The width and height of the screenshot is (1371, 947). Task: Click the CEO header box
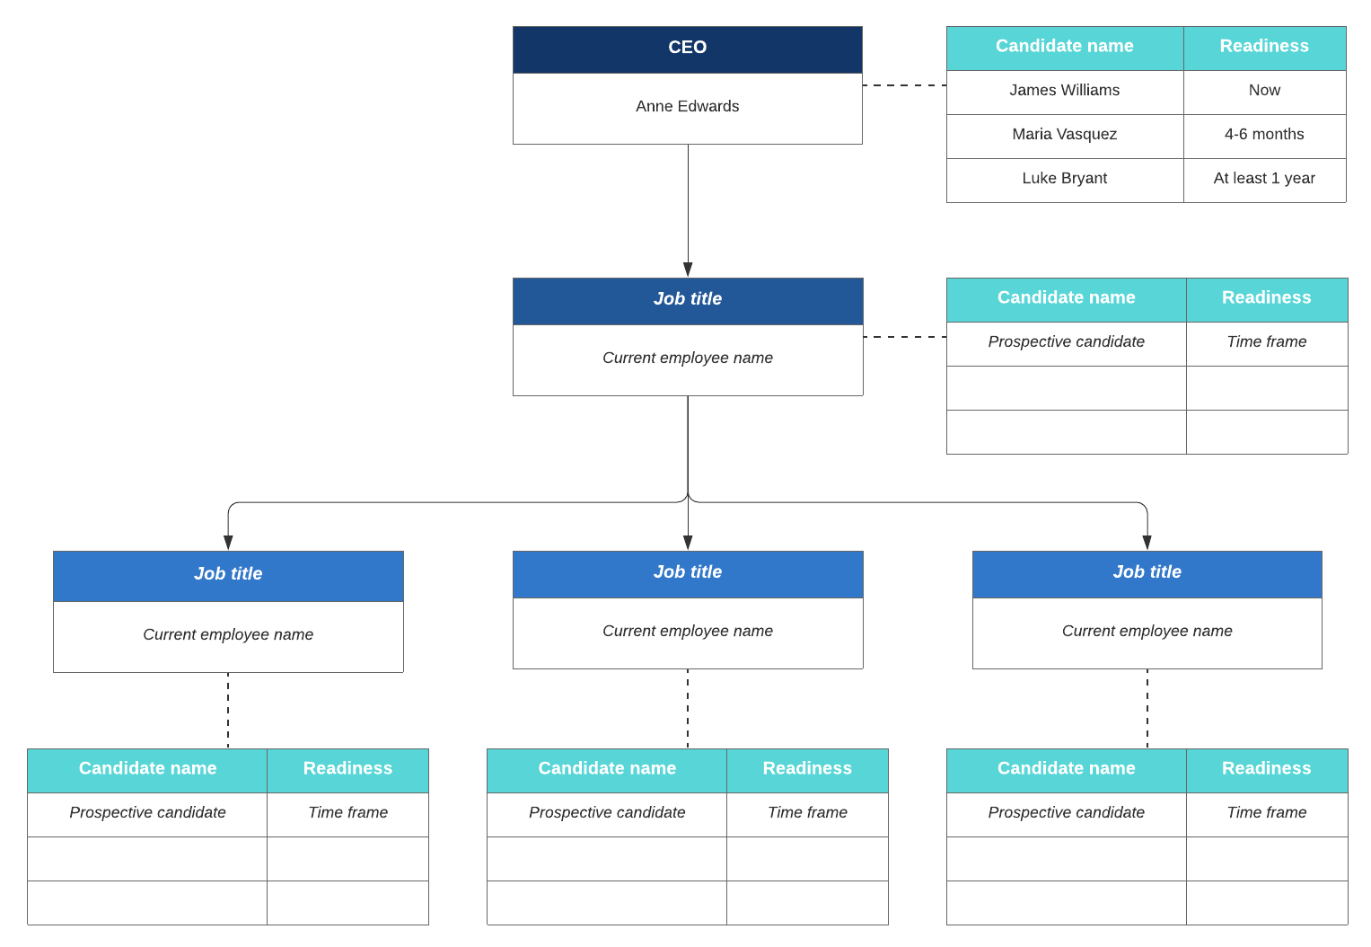click(x=687, y=49)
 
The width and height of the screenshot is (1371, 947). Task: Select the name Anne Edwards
click(x=687, y=107)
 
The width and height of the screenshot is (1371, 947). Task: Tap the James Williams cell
click(x=1064, y=91)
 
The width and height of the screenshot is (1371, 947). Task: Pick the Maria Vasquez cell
click(x=1064, y=135)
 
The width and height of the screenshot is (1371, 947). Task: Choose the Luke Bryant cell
click(x=1064, y=179)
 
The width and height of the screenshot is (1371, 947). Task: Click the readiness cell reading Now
click(x=1263, y=91)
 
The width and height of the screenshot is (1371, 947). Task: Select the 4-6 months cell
click(x=1263, y=135)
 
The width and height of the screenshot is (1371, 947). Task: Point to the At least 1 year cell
click(x=1263, y=179)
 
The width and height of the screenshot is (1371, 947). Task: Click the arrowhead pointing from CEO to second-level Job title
click(x=688, y=270)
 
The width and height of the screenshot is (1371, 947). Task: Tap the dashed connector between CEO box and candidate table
click(x=904, y=85)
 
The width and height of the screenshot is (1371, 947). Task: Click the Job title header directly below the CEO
click(x=687, y=300)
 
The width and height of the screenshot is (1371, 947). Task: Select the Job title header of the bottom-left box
click(x=228, y=574)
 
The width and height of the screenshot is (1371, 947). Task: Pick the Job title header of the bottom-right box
click(x=1147, y=572)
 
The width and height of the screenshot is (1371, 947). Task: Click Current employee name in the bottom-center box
click(x=687, y=632)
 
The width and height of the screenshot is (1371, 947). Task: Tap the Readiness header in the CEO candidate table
click(x=1263, y=47)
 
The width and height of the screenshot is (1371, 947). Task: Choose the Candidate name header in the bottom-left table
click(x=147, y=769)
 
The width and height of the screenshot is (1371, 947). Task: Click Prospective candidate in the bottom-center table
click(x=607, y=813)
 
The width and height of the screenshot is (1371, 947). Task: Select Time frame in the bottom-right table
click(x=1266, y=813)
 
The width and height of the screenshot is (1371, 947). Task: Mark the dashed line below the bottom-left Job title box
click(x=228, y=710)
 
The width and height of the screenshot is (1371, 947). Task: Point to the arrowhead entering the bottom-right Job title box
click(x=1147, y=543)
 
